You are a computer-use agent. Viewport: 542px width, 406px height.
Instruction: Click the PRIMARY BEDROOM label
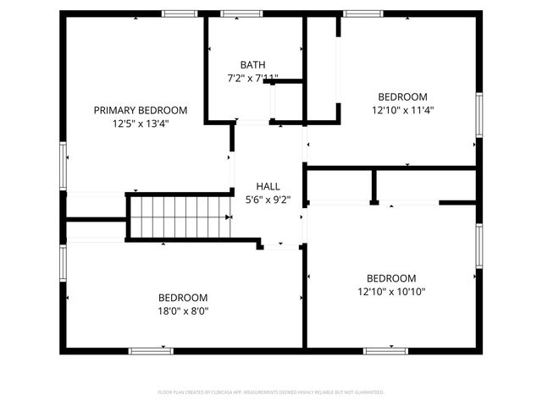(141, 110)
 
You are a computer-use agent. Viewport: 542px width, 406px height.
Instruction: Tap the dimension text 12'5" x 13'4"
(141, 123)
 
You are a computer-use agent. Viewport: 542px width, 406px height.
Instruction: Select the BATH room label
(252, 65)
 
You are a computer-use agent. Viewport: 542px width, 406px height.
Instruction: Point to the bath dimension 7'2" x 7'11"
(252, 79)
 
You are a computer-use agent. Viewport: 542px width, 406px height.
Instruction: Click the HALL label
(268, 187)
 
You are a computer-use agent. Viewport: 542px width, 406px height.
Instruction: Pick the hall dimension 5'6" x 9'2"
(268, 200)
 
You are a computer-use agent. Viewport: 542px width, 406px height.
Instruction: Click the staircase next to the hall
(179, 217)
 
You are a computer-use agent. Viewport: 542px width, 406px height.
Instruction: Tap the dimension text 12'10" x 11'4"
(403, 110)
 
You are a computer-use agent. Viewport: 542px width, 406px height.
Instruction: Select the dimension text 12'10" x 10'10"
(391, 292)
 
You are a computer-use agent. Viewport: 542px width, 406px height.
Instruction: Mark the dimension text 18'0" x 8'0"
(183, 310)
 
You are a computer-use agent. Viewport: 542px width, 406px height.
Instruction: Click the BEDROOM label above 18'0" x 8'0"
(183, 298)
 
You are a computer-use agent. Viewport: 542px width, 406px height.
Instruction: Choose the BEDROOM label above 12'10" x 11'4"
(403, 96)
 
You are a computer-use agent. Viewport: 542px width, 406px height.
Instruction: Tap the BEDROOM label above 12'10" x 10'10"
(391, 278)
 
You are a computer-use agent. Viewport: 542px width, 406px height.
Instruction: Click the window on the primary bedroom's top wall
(180, 14)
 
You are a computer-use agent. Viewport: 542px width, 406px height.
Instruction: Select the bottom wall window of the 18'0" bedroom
(151, 350)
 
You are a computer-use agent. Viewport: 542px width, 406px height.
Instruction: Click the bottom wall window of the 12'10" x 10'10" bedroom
(385, 350)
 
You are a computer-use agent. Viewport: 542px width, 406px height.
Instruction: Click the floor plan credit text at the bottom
(271, 392)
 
